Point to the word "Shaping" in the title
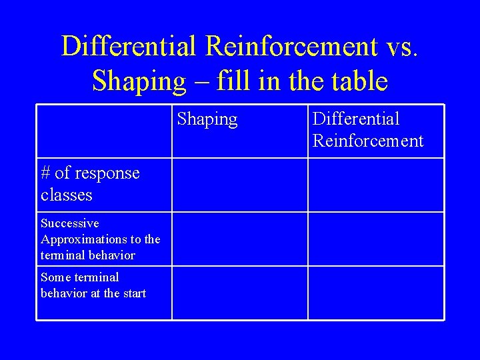[x=139, y=81]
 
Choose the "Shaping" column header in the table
[x=207, y=119]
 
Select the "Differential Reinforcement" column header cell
[x=367, y=130]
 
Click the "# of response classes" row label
[x=90, y=184]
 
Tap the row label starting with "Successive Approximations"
[x=100, y=239]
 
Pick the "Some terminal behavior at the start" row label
[x=93, y=285]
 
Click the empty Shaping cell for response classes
[x=240, y=185]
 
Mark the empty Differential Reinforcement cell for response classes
[x=376, y=185]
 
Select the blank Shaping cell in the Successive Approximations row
[x=240, y=239]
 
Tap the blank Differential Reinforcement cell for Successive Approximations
[x=376, y=239]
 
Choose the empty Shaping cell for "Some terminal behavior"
[x=240, y=293]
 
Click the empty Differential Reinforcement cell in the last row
[x=376, y=293]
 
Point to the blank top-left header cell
[x=104, y=131]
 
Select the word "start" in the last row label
[x=133, y=293]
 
